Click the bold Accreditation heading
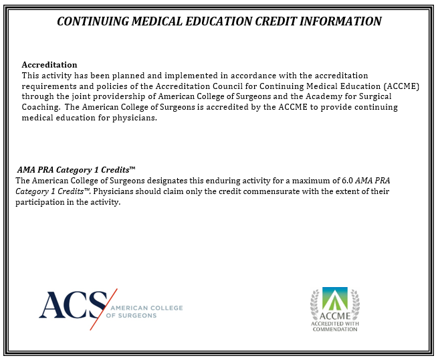(x=49, y=65)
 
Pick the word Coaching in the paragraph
(x=41, y=107)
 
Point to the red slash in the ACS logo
(x=104, y=308)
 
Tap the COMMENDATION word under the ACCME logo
(x=334, y=329)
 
